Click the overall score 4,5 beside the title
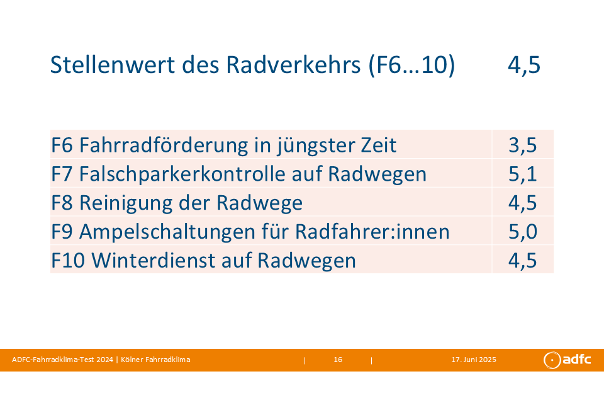(524, 65)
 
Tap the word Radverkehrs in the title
(293, 64)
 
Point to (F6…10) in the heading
(411, 65)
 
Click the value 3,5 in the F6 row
(522, 145)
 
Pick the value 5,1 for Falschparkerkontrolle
(522, 174)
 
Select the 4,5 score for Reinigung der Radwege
(522, 203)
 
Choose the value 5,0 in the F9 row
(522, 232)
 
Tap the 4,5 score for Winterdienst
(522, 261)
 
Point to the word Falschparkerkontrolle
(182, 174)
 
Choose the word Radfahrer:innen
(372, 232)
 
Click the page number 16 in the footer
(338, 360)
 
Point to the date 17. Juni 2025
(474, 360)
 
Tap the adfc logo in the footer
(567, 360)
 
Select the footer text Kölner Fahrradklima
(155, 360)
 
